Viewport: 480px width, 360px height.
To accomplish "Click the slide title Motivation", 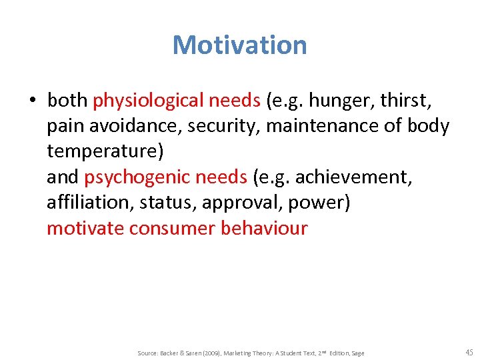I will click(x=240, y=45).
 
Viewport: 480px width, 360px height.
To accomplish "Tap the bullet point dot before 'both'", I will click(x=31, y=101).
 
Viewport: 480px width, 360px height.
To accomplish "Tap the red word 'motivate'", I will click(x=85, y=228).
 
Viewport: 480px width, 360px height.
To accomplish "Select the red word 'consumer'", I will click(x=172, y=228).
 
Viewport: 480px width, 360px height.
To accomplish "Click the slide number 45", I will click(x=469, y=352).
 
